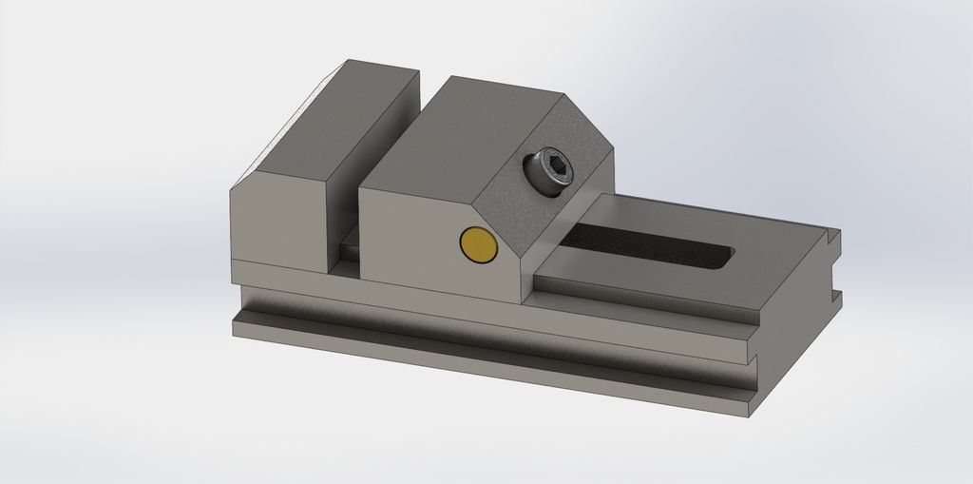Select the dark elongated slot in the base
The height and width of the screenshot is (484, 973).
646,245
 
